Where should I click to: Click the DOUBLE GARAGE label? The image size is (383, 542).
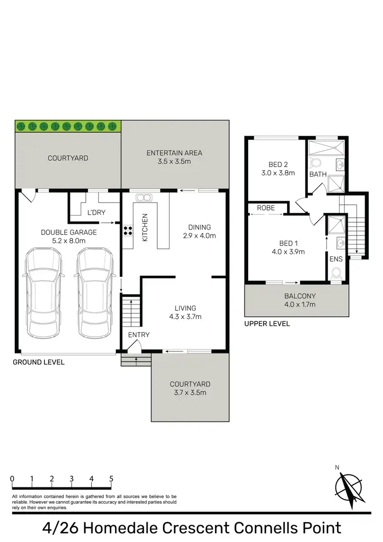[x=68, y=232]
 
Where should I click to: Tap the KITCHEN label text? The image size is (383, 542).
[x=145, y=227]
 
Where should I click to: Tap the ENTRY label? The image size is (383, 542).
[x=139, y=334]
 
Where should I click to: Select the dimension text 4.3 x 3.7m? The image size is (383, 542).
[x=185, y=317]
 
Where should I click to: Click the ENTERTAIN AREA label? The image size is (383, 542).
[x=174, y=153]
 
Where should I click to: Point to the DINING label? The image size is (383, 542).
[x=200, y=227]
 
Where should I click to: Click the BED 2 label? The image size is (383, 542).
[x=278, y=164]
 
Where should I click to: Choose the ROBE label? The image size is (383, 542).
[x=266, y=208]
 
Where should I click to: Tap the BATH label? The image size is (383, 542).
[x=318, y=175]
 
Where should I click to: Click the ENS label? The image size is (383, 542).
[x=336, y=260]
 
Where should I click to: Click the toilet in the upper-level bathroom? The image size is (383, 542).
[x=315, y=163]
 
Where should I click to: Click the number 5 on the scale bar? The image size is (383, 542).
[x=111, y=479]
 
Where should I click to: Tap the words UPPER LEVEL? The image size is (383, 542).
[x=267, y=324]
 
